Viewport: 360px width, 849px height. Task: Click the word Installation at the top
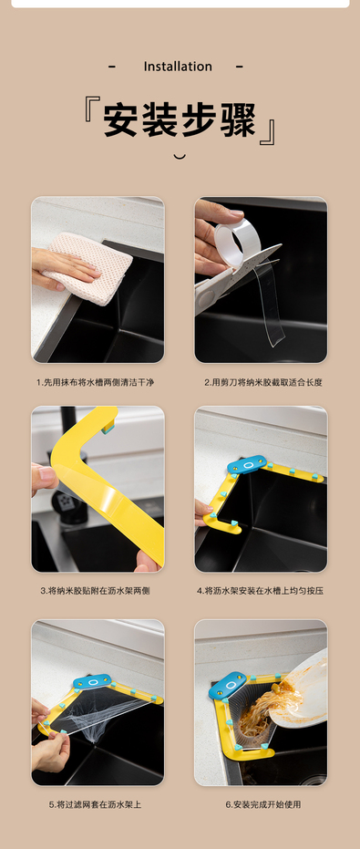coord(178,67)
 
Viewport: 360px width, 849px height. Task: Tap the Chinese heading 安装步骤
coord(180,119)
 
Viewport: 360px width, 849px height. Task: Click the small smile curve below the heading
coord(180,157)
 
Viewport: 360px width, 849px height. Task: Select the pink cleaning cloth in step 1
coord(89,267)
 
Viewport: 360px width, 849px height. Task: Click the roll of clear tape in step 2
coord(238,243)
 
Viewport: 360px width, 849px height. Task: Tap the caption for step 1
coord(96,382)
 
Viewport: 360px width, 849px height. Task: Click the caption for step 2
coord(263,382)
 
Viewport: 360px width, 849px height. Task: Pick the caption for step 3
coord(96,591)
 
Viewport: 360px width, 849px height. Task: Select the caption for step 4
coord(261,591)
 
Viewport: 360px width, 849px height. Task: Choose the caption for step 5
coord(96,804)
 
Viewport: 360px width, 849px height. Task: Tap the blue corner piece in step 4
coord(247,464)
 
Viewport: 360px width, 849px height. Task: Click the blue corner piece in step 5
coord(92,681)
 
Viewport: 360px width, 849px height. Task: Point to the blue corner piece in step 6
coord(227,686)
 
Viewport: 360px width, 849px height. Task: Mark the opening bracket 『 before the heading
coord(90,110)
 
